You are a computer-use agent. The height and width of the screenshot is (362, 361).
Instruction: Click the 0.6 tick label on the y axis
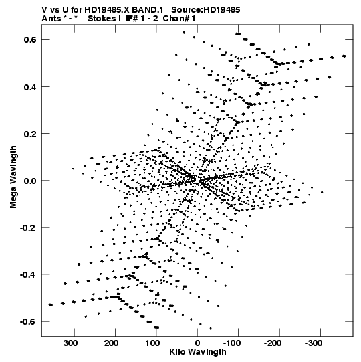tap(30, 40)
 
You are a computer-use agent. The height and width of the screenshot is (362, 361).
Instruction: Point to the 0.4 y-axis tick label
tap(30, 87)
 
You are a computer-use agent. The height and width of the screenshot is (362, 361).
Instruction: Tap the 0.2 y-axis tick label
tap(30, 134)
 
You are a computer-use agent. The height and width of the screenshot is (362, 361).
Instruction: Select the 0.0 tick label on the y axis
tap(30, 181)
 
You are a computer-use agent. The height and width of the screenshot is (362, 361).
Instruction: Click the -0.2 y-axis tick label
tap(29, 228)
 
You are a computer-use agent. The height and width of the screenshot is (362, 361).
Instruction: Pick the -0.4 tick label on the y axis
tap(29, 274)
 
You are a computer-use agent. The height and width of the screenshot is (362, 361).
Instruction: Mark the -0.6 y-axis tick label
tap(29, 322)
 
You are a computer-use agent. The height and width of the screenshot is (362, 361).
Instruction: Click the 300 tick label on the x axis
tap(71, 343)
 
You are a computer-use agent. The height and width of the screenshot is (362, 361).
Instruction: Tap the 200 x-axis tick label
tap(112, 343)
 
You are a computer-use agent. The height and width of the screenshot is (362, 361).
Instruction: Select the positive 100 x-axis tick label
tap(152, 343)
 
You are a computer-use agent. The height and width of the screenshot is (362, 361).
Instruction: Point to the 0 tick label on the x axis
tap(197, 343)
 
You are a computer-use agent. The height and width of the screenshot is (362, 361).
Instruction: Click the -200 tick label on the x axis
tap(273, 343)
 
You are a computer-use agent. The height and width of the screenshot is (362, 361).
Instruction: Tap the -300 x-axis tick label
tap(314, 343)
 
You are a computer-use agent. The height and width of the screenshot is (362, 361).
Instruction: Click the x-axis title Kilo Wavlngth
tap(198, 352)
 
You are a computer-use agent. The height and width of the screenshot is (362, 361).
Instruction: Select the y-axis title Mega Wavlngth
tap(13, 177)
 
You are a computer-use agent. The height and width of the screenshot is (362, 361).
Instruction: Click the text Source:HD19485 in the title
tap(206, 10)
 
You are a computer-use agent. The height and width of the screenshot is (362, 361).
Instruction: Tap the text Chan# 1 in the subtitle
tap(179, 19)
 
